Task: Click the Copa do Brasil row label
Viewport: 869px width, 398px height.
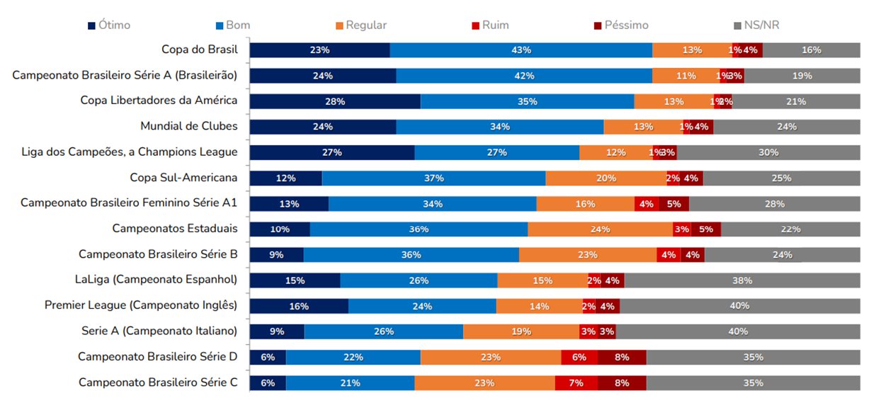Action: [x=199, y=50]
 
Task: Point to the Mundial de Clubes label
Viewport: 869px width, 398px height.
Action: [x=188, y=126]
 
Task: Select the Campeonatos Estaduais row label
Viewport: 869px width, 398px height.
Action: [x=174, y=228]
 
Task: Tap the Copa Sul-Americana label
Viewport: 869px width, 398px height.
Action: [x=183, y=177]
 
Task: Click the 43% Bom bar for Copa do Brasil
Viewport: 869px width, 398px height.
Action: [x=521, y=50]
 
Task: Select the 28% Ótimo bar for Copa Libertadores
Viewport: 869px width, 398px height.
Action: [x=335, y=101]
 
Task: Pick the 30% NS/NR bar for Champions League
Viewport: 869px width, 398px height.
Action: [x=768, y=152]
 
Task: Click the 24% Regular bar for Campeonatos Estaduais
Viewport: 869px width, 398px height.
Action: [x=600, y=229]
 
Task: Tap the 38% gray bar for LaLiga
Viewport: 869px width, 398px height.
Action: [x=742, y=280]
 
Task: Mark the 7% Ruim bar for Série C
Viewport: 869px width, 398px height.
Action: [x=576, y=382]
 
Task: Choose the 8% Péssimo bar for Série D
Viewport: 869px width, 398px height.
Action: [x=622, y=357]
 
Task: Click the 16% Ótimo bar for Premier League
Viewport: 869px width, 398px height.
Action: [x=299, y=305]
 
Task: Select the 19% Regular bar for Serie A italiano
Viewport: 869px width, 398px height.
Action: [x=521, y=331]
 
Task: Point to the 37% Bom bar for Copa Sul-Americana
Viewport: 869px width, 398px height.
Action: [x=433, y=178]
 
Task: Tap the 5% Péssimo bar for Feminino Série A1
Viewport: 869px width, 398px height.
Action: [x=674, y=203]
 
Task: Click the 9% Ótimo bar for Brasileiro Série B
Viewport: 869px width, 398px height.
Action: [x=276, y=254]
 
